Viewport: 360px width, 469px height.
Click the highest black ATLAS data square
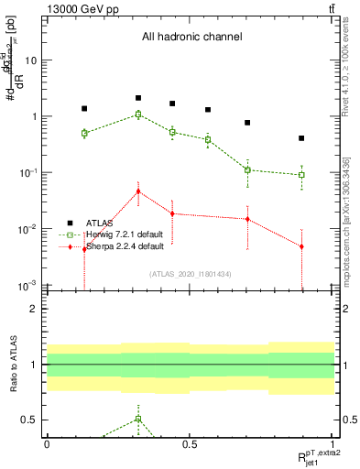coord(138,98)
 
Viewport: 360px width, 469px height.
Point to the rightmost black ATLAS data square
coord(301,138)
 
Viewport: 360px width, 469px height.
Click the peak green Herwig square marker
coord(138,115)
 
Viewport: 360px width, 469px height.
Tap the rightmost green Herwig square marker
coord(301,175)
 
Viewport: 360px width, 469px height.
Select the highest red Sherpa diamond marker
coord(138,191)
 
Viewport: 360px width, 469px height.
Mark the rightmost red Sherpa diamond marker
coord(301,246)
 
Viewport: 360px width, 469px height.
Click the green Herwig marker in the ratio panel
coord(138,419)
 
